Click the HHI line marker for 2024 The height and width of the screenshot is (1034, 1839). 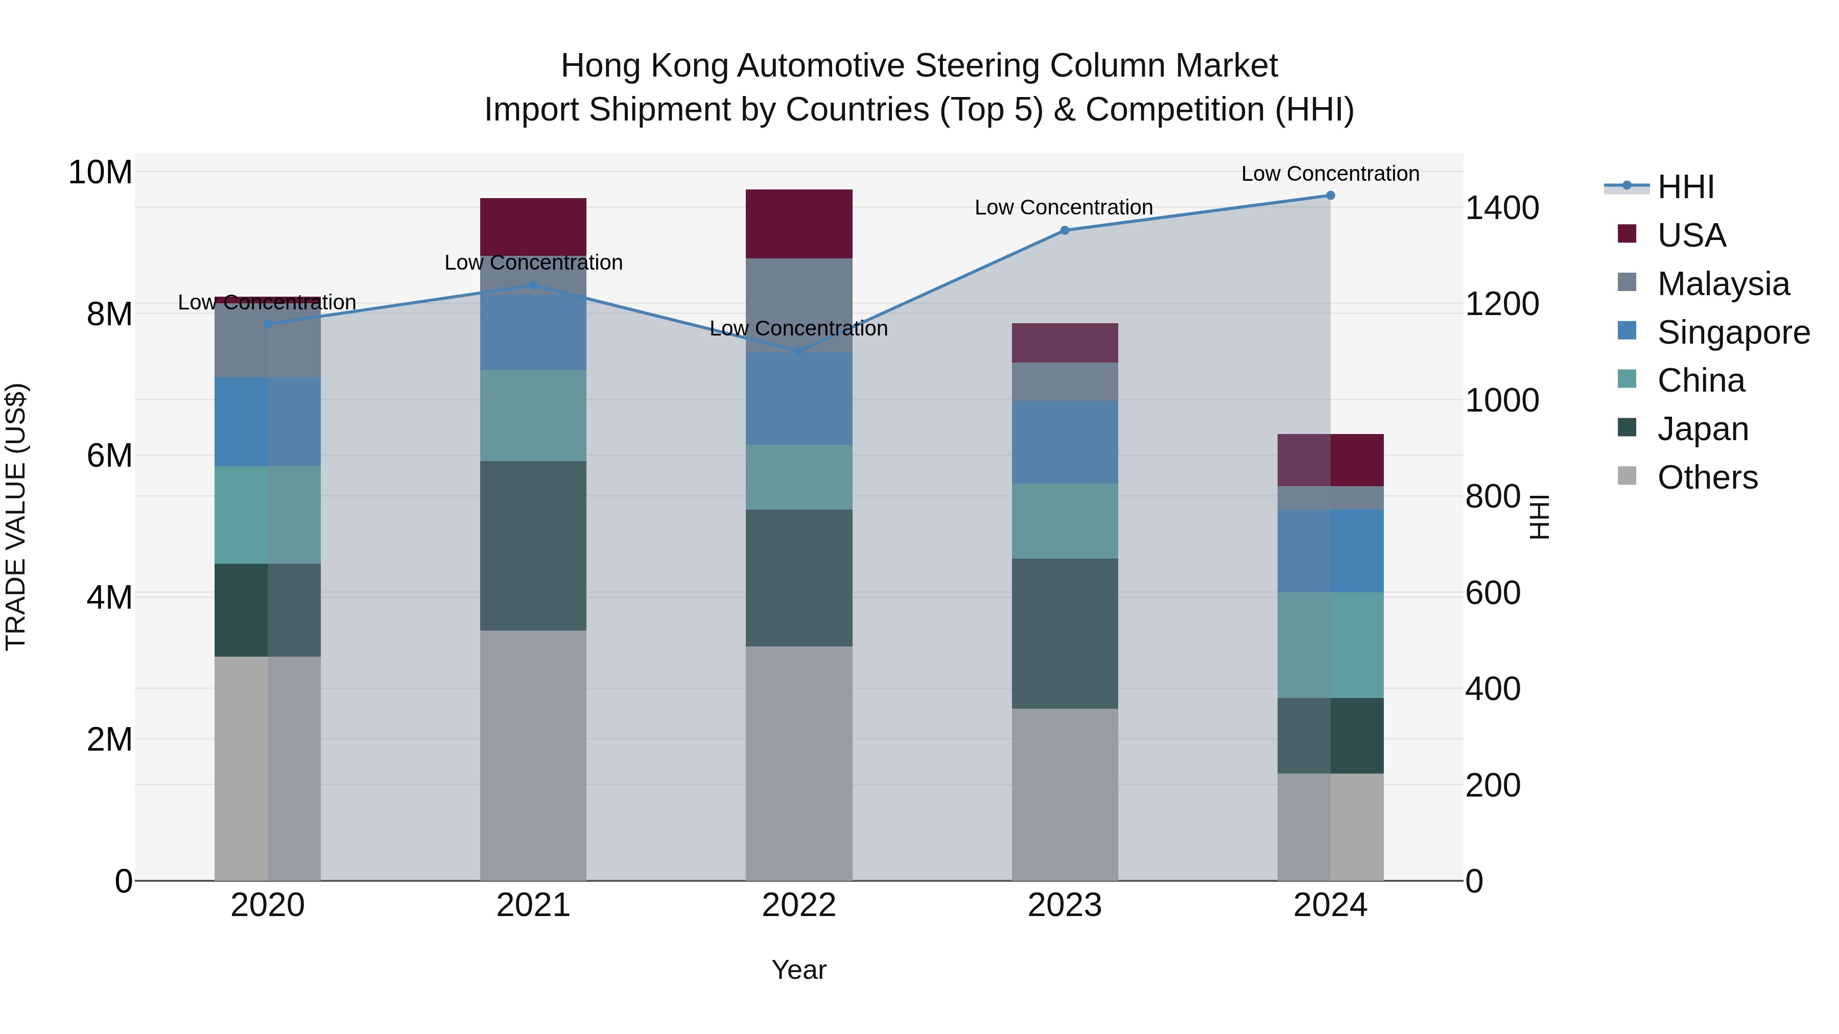pos(1330,196)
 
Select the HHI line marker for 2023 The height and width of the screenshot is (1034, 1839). pos(1065,230)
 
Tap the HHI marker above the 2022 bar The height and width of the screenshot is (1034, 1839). pos(799,351)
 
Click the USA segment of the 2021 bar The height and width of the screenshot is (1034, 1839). pos(533,226)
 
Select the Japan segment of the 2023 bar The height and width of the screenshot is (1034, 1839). pos(1065,633)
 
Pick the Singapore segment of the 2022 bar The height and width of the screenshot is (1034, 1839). pos(799,398)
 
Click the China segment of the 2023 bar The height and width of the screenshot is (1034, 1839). pos(1065,521)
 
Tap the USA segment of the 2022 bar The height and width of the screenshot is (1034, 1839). pos(799,223)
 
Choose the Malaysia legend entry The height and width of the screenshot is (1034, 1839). pos(1723,284)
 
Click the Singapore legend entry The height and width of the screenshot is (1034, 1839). pos(1733,332)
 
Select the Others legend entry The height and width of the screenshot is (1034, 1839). pos(1707,477)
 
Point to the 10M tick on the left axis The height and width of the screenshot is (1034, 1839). pos(100,173)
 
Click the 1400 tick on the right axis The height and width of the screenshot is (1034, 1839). pos(1502,208)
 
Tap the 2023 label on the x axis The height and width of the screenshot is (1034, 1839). pos(1065,905)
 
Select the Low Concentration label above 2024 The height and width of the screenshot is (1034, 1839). pos(1330,174)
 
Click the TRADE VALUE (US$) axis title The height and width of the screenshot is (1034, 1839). pos(16,517)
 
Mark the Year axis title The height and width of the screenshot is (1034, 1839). pos(799,970)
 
